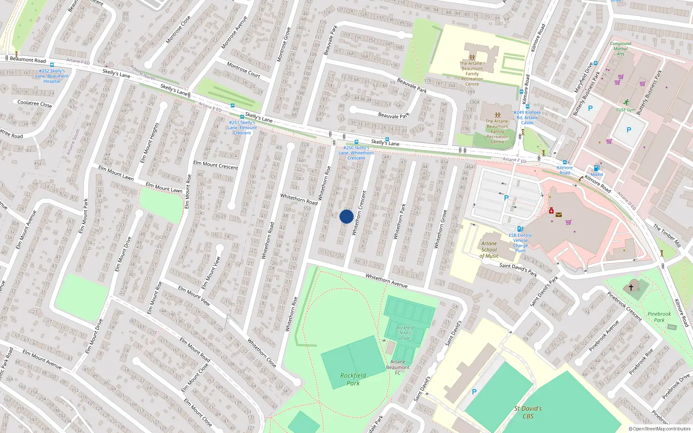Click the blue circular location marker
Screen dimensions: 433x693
coord(346,216)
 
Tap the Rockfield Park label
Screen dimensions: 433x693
coord(353,379)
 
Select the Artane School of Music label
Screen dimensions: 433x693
coord(489,250)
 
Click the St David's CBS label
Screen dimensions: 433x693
coord(528,412)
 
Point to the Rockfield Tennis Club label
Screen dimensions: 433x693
coord(405,333)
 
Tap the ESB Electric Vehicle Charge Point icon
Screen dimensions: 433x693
coord(520,229)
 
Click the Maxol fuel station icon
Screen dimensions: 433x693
coord(596,168)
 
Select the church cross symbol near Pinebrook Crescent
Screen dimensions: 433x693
coord(631,287)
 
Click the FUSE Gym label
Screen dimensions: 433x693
coord(626,110)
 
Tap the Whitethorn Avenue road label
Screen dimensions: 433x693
coord(386,281)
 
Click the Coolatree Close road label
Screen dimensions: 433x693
coord(35,103)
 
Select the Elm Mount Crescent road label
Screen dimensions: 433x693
coord(216,165)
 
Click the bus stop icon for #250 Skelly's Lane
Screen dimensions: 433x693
coord(356,142)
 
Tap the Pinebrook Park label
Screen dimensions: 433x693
coord(659,317)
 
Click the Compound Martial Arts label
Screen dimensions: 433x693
coord(620,48)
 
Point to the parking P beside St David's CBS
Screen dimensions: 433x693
coord(474,392)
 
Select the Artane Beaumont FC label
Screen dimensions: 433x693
coord(398,367)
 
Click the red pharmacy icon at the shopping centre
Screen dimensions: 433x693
coord(551,211)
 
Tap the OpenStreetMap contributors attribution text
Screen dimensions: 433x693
coord(660,429)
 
